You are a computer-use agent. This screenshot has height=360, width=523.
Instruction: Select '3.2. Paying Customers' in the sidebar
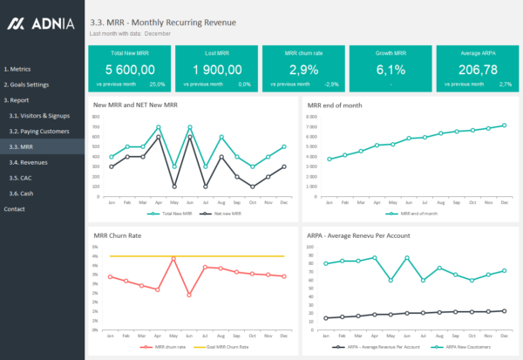[x=38, y=131]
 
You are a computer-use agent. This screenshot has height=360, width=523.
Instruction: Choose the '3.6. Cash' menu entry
[x=22, y=194]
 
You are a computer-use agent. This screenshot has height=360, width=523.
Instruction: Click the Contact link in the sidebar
[x=15, y=209]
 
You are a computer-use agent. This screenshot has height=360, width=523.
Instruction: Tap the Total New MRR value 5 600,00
[x=130, y=69]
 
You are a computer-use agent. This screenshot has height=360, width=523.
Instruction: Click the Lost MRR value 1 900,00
[x=217, y=69]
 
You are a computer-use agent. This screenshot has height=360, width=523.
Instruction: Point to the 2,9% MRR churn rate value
[x=303, y=69]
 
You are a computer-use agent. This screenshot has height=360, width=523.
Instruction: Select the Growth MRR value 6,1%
[x=391, y=69]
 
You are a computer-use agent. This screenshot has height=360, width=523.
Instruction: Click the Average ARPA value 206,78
[x=478, y=69]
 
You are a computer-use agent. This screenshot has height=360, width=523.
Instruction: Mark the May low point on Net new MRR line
[x=174, y=187]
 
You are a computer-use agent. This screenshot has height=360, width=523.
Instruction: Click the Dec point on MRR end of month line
[x=504, y=126]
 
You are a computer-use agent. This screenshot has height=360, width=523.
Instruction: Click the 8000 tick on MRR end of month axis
[x=312, y=116]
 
